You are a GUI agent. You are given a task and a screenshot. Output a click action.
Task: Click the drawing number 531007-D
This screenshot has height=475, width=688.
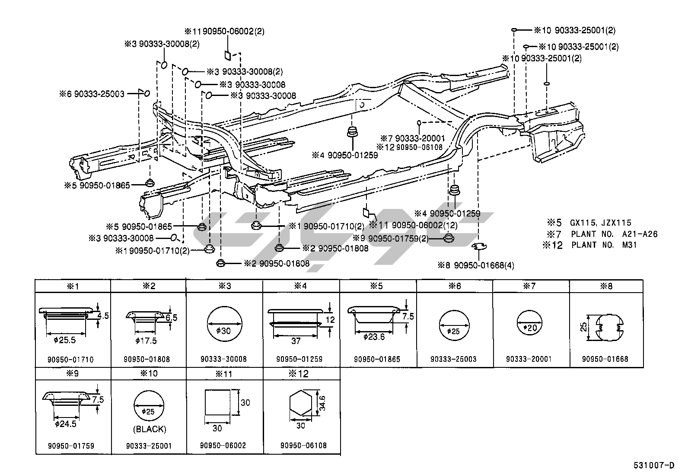[654, 465]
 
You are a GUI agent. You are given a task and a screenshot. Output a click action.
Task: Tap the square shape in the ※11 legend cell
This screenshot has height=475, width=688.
[217, 403]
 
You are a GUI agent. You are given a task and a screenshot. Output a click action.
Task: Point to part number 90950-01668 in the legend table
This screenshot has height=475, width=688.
[605, 359]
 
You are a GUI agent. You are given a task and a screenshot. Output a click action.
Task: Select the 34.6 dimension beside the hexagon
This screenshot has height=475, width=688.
[322, 403]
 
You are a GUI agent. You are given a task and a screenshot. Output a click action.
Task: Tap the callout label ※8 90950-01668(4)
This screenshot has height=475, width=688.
[475, 265]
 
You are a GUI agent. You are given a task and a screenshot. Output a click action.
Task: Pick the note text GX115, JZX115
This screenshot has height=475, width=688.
[601, 223]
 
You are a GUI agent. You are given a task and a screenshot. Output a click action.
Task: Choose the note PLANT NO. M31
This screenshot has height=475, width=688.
[604, 245]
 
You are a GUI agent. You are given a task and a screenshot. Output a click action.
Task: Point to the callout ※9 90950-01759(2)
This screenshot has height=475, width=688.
[391, 239]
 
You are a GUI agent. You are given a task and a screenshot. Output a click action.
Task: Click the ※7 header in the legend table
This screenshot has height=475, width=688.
[531, 286]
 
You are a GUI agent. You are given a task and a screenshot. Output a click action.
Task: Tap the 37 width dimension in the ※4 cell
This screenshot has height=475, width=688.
[296, 341]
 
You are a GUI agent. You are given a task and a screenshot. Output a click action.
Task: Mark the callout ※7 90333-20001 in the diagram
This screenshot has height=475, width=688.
[412, 138]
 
